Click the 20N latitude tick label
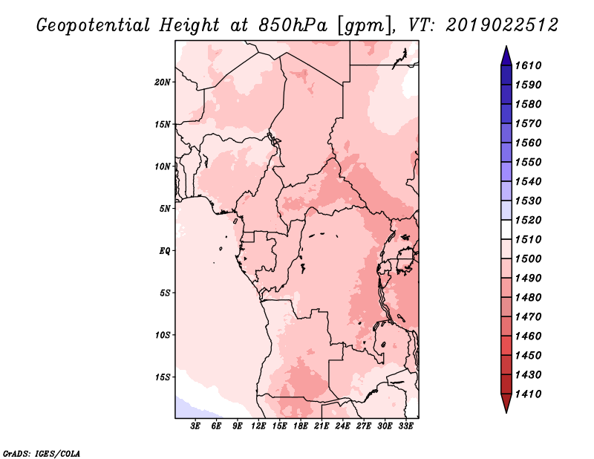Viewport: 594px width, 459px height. (x=163, y=82)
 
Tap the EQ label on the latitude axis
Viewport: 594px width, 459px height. (x=164, y=251)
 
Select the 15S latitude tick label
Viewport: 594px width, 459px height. (x=163, y=377)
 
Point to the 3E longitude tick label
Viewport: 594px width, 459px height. (x=195, y=426)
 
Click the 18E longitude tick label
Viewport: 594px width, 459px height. (x=301, y=426)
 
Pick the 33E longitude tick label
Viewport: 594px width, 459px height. (x=405, y=426)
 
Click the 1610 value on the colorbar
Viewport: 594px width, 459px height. (x=529, y=65)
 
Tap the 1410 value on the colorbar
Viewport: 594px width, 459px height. (x=529, y=394)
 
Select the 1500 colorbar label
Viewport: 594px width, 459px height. (x=529, y=259)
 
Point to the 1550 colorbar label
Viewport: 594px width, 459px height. (x=529, y=162)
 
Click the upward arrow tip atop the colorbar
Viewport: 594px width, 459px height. (x=506, y=46)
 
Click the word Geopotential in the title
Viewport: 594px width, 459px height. (x=93, y=25)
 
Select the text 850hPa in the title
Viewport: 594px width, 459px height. (x=293, y=25)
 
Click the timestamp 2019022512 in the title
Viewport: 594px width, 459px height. (x=502, y=25)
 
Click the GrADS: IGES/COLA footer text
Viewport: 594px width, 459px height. (x=42, y=454)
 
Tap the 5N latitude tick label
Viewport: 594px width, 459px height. (x=164, y=209)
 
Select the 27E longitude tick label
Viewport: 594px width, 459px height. (x=364, y=426)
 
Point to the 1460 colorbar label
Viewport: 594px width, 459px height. (x=529, y=336)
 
